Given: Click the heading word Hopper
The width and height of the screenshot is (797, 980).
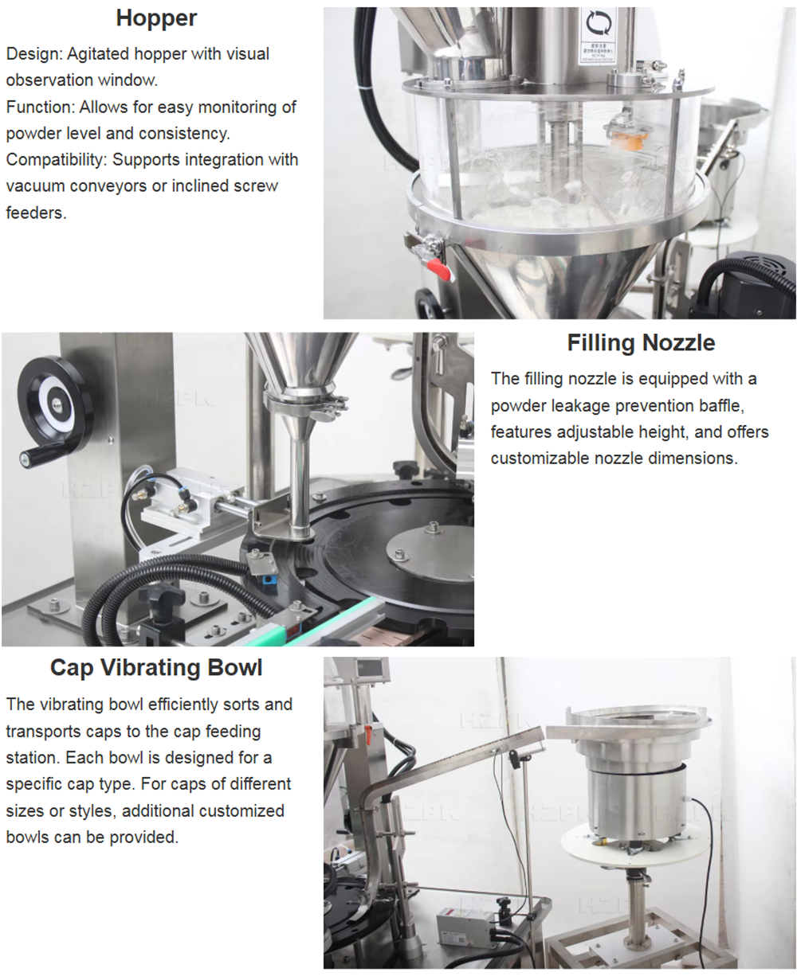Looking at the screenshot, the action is (157, 19).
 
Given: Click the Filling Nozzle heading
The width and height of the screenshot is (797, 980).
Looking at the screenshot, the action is (641, 343).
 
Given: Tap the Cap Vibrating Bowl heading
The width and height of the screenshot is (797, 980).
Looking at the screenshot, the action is (156, 668).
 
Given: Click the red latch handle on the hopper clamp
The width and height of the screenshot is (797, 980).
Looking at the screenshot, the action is (439, 269).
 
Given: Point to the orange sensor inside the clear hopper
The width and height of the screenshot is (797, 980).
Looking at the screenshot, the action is (629, 137).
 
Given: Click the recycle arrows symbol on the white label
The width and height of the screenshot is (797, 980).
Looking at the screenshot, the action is (599, 23).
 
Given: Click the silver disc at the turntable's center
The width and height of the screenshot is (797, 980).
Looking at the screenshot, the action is (430, 550).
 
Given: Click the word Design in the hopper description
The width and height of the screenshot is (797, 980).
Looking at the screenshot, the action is (34, 54).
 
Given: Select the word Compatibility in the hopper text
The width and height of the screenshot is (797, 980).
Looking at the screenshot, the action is (57, 160).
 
